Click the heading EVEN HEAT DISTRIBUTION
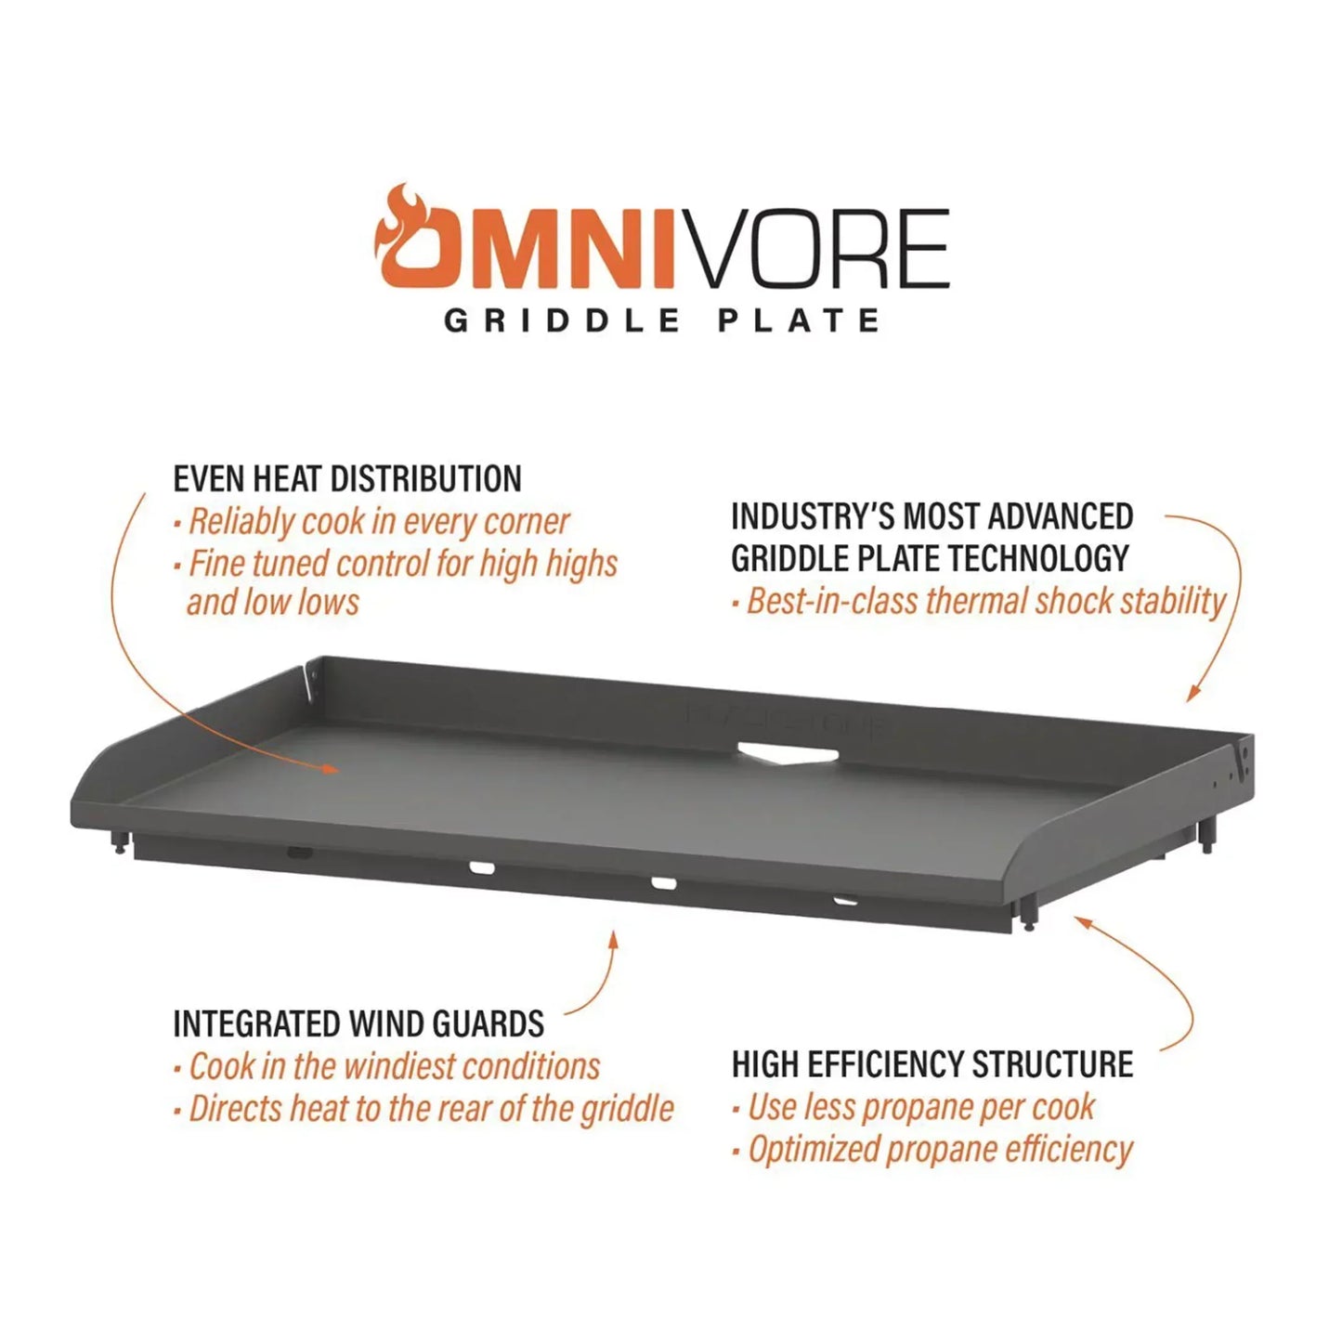[347, 479]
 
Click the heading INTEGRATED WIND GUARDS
[358, 1023]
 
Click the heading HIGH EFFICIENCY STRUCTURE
[932, 1064]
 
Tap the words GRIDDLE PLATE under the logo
[662, 321]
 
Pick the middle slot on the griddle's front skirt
[663, 882]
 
